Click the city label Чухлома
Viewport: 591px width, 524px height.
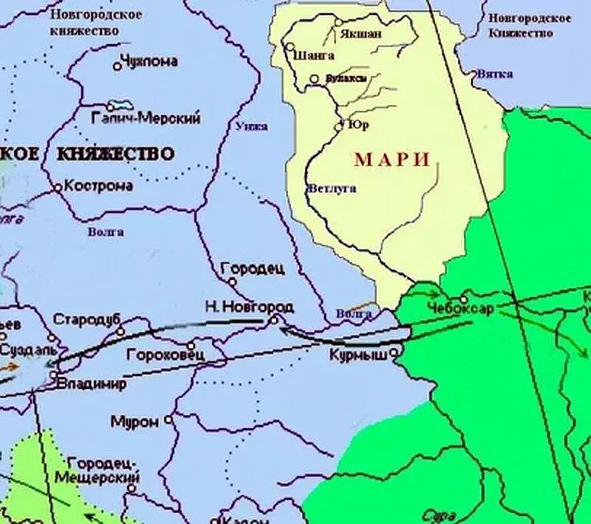149,63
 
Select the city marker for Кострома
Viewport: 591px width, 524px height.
58,188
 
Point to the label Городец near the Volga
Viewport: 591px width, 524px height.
252,270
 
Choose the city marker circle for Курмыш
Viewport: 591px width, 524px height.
394,353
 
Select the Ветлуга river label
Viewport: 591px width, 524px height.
331,188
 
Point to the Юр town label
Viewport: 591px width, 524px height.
358,125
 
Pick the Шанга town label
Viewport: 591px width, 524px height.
313,55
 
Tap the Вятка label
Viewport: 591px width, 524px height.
495,75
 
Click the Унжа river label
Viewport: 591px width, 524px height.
251,126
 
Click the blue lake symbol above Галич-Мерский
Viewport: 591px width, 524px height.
115,106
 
